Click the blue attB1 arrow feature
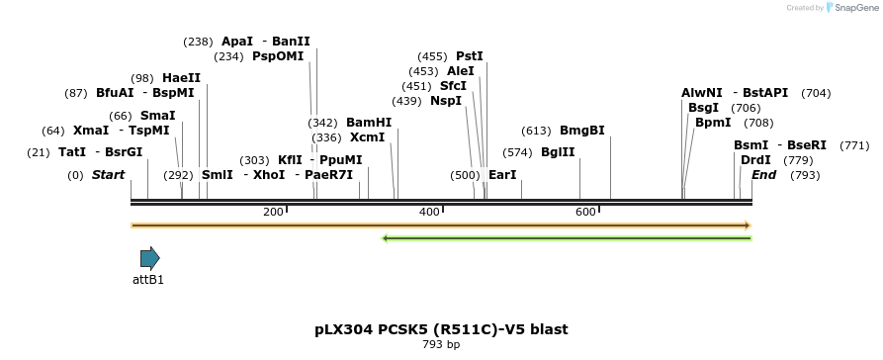[x=149, y=259]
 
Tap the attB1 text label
[x=148, y=280]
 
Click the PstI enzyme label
[x=470, y=56]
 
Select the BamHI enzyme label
[x=369, y=123]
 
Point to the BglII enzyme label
[x=558, y=152]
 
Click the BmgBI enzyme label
[x=582, y=131]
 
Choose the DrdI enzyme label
[x=755, y=160]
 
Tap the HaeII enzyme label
[x=182, y=78]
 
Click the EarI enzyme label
[x=503, y=175]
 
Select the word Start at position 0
[x=109, y=175]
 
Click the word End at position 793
[x=764, y=175]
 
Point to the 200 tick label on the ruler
[x=273, y=213]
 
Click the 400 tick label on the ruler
[x=429, y=213]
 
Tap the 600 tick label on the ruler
[x=585, y=213]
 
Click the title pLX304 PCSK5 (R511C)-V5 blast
[x=441, y=329]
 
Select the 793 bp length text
[x=441, y=345]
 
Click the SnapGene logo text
[x=856, y=8]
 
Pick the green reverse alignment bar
[x=567, y=237]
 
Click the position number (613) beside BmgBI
[x=536, y=131]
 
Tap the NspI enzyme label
[x=446, y=101]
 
